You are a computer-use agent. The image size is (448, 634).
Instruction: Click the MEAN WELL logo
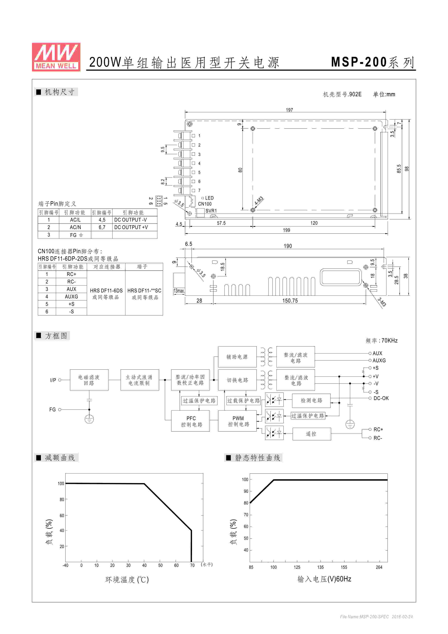pos(56,57)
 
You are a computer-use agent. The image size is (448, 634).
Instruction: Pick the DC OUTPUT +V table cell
pos(131,227)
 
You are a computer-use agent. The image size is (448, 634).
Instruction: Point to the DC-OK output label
pos(381,398)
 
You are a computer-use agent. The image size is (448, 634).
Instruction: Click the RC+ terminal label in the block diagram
pos(378,429)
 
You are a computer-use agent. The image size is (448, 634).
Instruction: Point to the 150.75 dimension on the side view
pos(290,301)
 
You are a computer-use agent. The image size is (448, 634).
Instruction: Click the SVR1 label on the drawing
pos(211,211)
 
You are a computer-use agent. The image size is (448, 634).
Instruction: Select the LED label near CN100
pos(209,198)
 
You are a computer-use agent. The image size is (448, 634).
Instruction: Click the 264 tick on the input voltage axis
pos(379,567)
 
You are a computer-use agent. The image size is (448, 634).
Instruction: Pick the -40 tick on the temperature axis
pos(65,565)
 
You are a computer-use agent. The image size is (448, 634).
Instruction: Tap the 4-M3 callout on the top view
pos(259,201)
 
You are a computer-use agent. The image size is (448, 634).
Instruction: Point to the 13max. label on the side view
pos(179,291)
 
